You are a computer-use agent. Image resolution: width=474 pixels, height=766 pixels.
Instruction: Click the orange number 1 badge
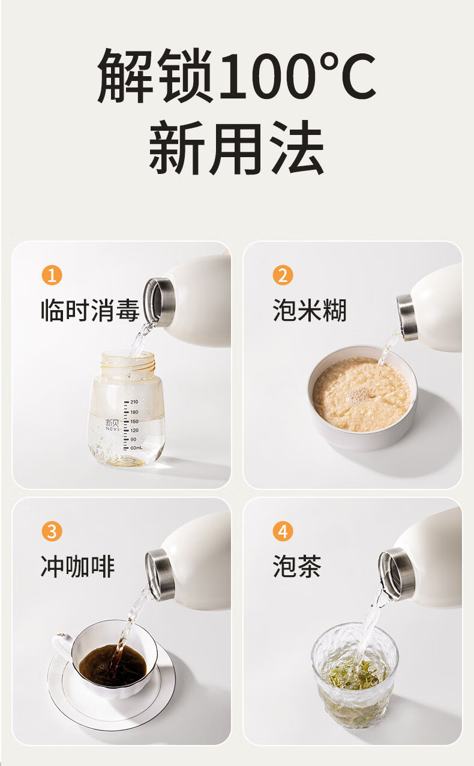pyautogui.click(x=52, y=275)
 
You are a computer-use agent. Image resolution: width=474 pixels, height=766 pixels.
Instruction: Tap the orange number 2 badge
pyautogui.click(x=283, y=275)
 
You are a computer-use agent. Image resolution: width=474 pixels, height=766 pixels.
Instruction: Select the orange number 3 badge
pyautogui.click(x=52, y=531)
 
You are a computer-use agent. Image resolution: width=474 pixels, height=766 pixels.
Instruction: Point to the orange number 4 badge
pyautogui.click(x=283, y=531)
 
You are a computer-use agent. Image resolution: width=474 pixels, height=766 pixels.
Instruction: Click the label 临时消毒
pyautogui.click(x=90, y=310)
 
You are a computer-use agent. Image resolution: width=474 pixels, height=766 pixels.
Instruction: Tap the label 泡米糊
pyautogui.click(x=310, y=310)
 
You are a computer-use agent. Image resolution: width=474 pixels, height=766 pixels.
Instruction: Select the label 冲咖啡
pyautogui.click(x=77, y=566)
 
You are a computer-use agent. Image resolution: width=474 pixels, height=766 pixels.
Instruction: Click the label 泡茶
pyautogui.click(x=297, y=566)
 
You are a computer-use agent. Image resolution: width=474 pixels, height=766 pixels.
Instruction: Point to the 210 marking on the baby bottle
pyautogui.click(x=134, y=402)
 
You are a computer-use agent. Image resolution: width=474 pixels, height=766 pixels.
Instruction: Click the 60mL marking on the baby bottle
pyautogui.click(x=136, y=447)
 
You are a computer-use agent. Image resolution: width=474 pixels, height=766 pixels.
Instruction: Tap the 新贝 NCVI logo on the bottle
pyautogui.click(x=112, y=425)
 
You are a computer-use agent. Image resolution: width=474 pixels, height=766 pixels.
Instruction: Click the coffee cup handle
pyautogui.click(x=62, y=645)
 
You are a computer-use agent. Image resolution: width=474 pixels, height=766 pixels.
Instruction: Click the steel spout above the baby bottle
pyautogui.click(x=159, y=301)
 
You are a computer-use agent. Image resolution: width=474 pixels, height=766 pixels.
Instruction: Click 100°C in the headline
pyautogui.click(x=297, y=76)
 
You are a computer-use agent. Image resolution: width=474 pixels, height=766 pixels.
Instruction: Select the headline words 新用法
pyautogui.click(x=236, y=148)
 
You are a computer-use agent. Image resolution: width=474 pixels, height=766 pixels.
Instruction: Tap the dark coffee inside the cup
pyautogui.click(x=113, y=665)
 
